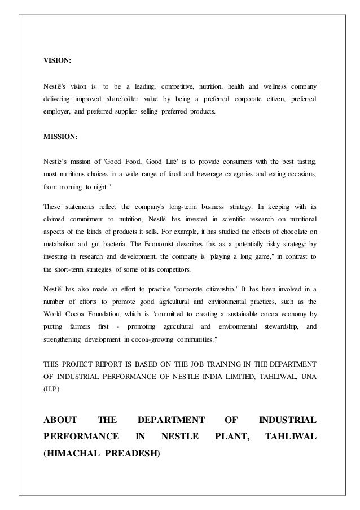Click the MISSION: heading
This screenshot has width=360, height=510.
click(x=60, y=136)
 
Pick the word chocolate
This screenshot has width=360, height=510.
click(x=289, y=231)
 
